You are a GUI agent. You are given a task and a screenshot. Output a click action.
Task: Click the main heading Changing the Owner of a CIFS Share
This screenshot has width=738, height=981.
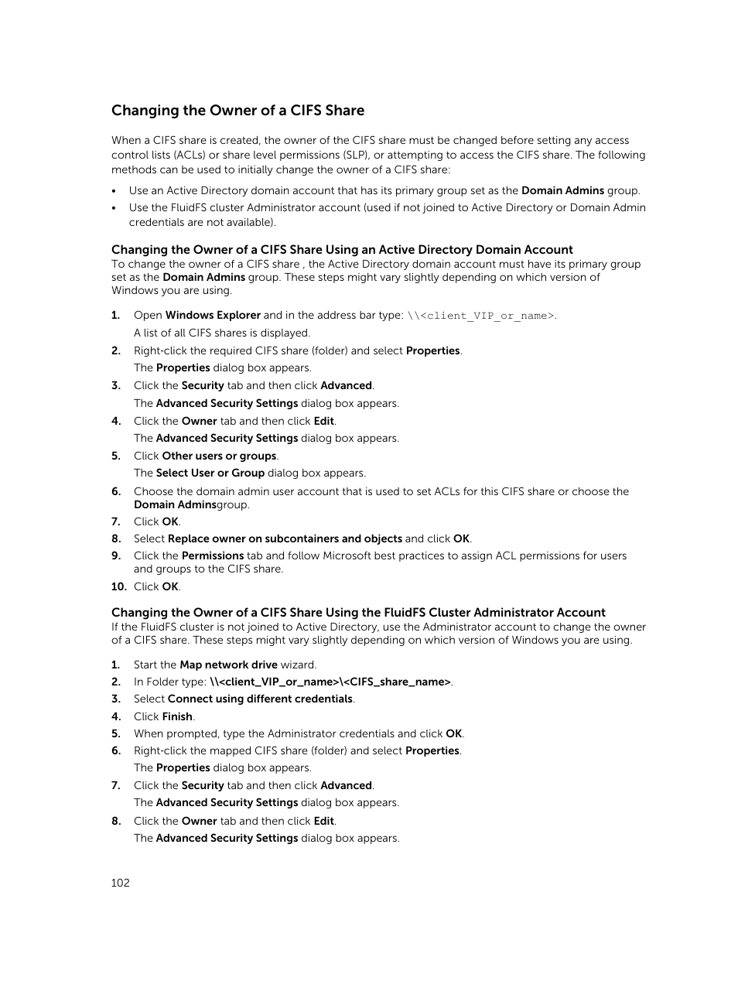(237, 111)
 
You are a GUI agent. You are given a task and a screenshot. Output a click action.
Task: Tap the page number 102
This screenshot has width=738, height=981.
(121, 883)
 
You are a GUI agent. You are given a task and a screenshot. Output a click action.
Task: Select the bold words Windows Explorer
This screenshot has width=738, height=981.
(213, 315)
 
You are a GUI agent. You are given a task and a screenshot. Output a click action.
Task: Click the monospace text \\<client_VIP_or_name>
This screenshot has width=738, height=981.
(480, 316)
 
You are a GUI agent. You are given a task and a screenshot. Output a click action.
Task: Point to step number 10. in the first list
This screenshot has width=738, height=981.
(118, 586)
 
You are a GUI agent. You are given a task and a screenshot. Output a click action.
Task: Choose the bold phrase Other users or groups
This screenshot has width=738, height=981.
(219, 456)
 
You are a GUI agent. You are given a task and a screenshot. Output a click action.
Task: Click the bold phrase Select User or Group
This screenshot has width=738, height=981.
(210, 473)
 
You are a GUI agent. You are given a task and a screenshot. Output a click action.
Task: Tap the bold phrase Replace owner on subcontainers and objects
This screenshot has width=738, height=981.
(285, 538)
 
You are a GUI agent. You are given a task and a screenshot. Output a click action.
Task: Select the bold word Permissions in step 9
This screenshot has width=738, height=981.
(213, 555)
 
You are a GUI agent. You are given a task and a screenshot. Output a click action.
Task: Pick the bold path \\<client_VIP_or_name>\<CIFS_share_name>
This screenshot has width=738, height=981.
(330, 682)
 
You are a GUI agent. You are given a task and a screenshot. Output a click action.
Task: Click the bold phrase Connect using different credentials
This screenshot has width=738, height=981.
(260, 699)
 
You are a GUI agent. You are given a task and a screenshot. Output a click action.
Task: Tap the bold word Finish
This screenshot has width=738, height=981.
(177, 716)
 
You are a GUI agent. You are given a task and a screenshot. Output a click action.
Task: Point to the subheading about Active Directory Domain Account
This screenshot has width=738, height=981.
(342, 250)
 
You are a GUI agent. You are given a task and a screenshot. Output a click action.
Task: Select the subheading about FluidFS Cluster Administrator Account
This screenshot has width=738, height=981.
(358, 613)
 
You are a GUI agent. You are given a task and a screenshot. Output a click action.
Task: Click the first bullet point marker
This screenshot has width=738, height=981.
(114, 191)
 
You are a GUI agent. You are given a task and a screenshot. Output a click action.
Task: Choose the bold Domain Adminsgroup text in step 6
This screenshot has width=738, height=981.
(191, 504)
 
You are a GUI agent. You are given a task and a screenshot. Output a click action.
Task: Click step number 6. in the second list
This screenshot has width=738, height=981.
(116, 750)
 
